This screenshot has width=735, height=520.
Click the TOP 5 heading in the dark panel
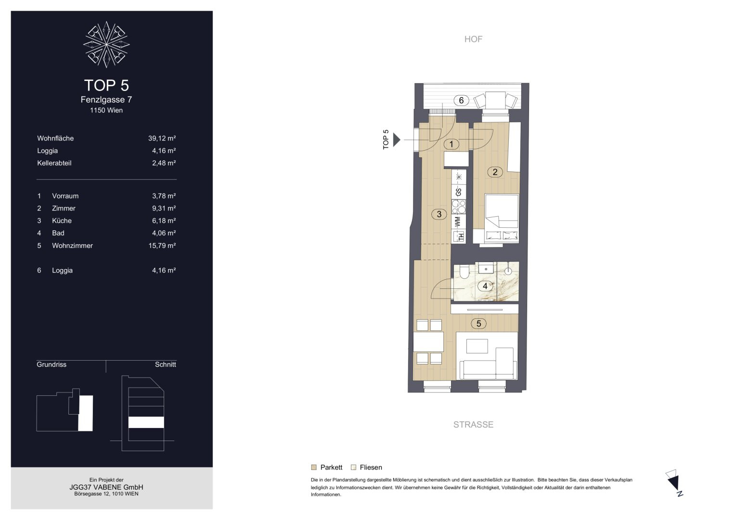tap(106, 85)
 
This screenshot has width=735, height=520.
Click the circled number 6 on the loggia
tap(461, 101)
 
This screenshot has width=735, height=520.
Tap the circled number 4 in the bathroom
tap(485, 286)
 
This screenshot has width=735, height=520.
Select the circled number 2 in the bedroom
tap(495, 172)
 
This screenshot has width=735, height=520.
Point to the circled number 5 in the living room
tap(478, 324)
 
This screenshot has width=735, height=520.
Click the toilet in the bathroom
tap(464, 271)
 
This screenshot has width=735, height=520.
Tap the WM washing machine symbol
tap(458, 221)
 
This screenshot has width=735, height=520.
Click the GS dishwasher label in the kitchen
tap(459, 192)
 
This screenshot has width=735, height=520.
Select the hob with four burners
tap(459, 207)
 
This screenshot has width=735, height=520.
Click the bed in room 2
tap(502, 218)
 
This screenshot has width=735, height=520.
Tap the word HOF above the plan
tap(473, 39)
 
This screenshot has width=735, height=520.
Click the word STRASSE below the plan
tap(473, 425)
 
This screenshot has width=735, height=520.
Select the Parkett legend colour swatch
tap(314, 468)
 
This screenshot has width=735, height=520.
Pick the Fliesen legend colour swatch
tap(353, 468)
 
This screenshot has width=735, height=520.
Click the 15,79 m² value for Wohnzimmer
tap(162, 246)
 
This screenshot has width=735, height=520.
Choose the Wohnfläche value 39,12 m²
tap(162, 138)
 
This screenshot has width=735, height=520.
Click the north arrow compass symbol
tap(675, 482)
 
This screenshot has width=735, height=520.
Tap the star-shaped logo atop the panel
tap(106, 45)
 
